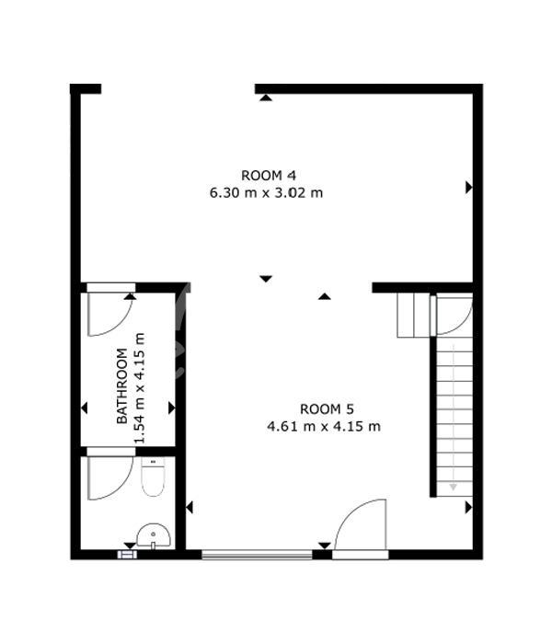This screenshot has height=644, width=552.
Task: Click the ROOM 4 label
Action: tap(269, 176)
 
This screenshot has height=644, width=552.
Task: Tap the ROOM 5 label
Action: tap(327, 409)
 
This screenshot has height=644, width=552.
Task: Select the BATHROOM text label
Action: tap(122, 385)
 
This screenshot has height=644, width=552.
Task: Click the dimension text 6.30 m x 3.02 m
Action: tap(266, 192)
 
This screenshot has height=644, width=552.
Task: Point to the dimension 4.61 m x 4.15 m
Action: tap(324, 426)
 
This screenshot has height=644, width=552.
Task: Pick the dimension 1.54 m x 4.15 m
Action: tap(140, 388)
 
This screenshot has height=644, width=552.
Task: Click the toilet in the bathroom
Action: tap(153, 477)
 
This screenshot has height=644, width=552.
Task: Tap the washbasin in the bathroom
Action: tap(154, 535)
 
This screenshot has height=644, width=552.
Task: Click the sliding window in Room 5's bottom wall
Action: tap(257, 555)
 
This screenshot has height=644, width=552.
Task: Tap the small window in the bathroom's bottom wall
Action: tap(127, 555)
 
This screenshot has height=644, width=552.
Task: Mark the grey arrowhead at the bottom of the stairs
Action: tap(453, 487)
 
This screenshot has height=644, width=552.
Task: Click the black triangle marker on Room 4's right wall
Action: tap(468, 188)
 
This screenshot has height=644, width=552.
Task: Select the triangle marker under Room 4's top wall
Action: tap(266, 98)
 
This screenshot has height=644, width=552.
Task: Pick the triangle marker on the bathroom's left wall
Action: tap(85, 408)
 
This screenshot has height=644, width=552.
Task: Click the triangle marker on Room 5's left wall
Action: tap(190, 508)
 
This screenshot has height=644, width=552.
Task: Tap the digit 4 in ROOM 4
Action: tap(292, 176)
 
